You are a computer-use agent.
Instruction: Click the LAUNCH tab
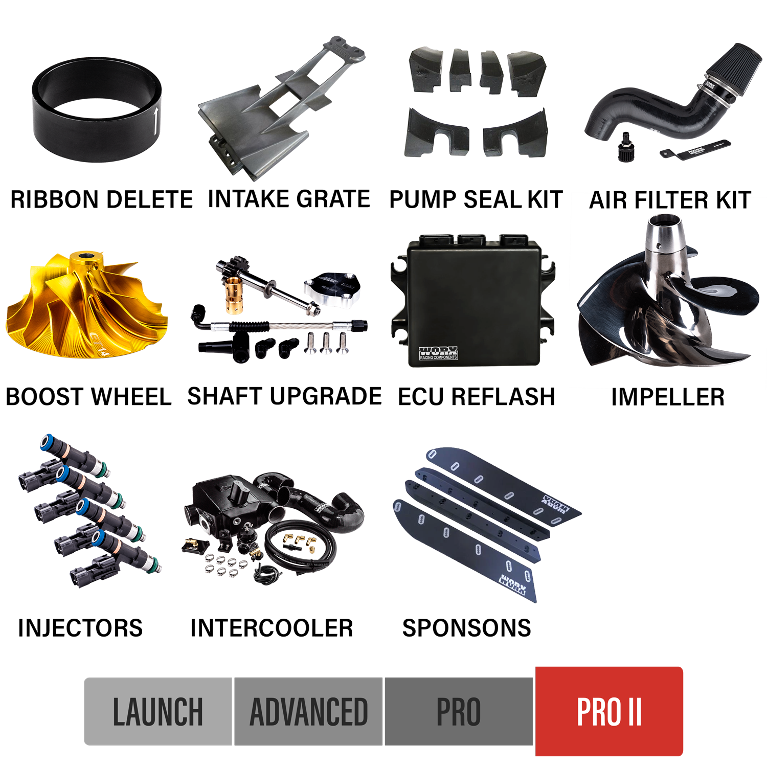tap(158, 711)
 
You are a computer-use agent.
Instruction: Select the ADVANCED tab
tap(308, 711)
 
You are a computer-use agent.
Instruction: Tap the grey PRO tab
tap(458, 711)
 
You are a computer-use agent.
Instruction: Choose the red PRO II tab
tap(609, 711)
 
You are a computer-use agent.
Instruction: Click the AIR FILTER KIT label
tap(669, 200)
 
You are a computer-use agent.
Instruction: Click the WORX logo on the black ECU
tap(438, 353)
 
